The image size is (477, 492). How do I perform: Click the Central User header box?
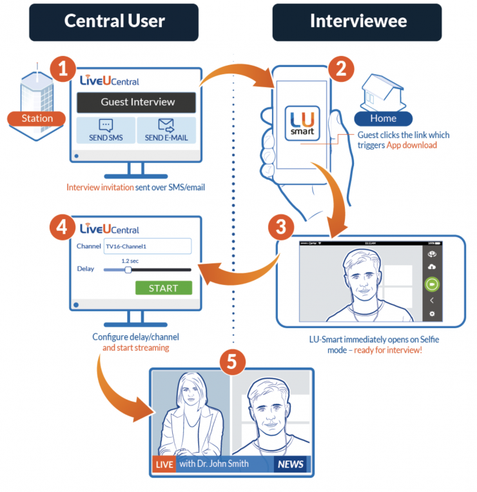tap(113, 21)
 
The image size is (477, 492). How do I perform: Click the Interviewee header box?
tap(358, 21)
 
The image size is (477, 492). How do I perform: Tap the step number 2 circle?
tap(339, 69)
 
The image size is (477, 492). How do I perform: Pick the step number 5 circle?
tap(232, 362)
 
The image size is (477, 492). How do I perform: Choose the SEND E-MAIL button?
tap(166, 130)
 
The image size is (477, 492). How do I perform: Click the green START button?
tap(164, 288)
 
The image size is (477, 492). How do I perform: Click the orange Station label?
tap(37, 119)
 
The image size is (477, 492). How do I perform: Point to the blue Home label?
tap(383, 119)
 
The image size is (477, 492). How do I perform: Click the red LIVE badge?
tap(164, 464)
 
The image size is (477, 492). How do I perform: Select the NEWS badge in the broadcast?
tap(289, 464)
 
